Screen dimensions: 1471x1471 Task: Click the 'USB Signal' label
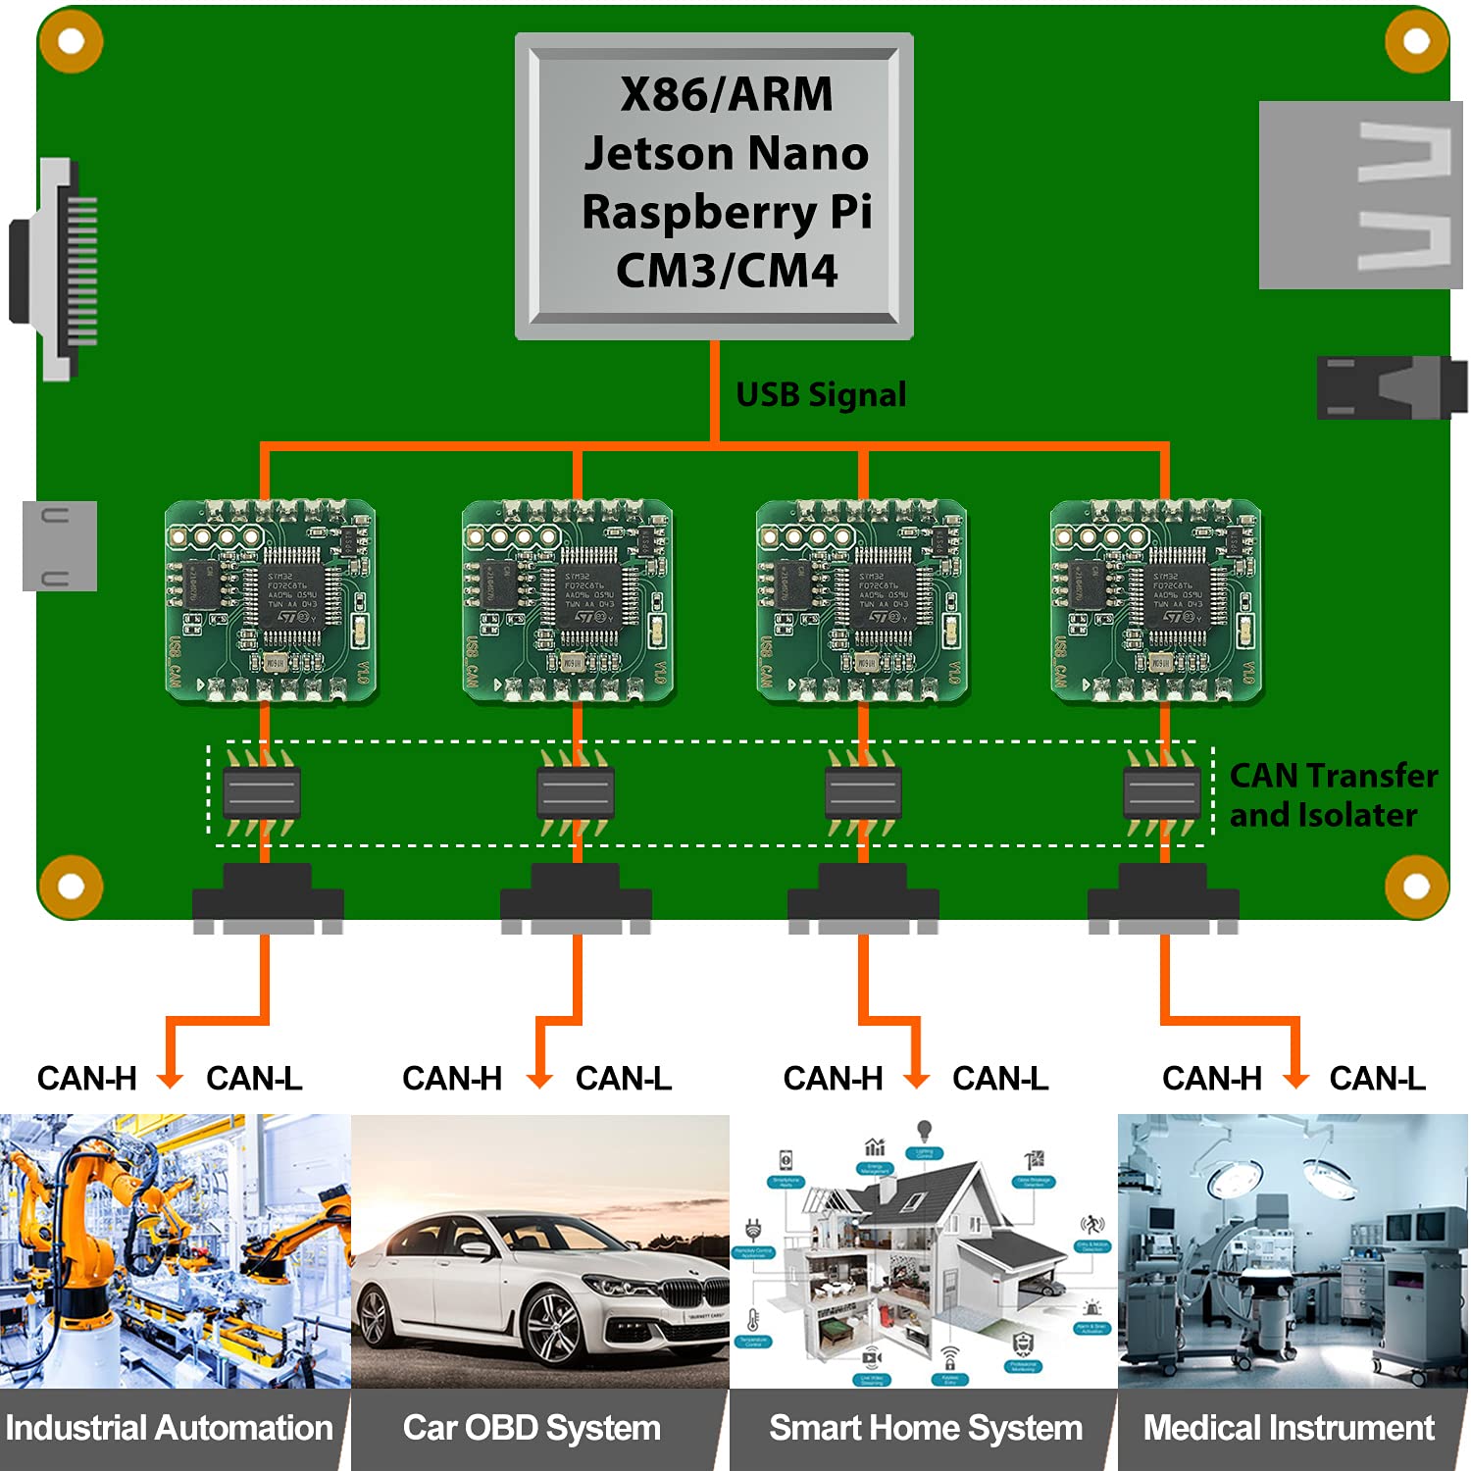tap(821, 394)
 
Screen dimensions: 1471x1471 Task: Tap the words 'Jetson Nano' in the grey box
tap(726, 154)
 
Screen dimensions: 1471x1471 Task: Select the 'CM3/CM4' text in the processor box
tap(726, 271)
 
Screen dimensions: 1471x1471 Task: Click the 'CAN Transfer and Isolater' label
tap(1332, 795)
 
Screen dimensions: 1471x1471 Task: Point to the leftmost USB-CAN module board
tap(271, 601)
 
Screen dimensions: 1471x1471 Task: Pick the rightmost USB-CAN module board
tap(1155, 601)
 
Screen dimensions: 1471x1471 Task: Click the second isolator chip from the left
tap(576, 792)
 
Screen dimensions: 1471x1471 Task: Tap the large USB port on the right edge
tap(1359, 195)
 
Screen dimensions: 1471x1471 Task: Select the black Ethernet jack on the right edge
tap(1391, 388)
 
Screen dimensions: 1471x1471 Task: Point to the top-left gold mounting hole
tap(71, 41)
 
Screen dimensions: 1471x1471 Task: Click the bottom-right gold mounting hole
tap(1416, 886)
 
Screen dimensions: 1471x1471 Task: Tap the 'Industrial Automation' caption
tap(169, 1428)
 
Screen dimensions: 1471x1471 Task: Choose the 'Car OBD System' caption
tap(532, 1428)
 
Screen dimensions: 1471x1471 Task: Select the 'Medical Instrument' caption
tap(1289, 1428)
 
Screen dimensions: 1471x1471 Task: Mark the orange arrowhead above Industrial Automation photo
tap(170, 1080)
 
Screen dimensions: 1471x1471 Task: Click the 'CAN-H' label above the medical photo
tap(1211, 1079)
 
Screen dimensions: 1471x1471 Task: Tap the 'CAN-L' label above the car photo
tap(623, 1079)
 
